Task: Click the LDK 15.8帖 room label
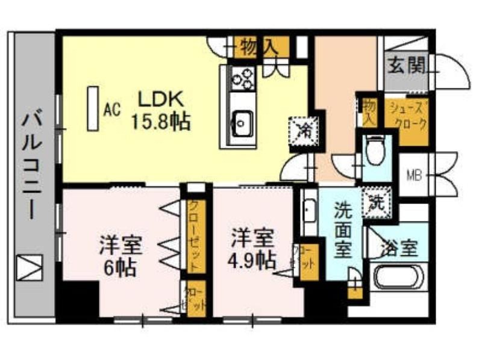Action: [160, 110]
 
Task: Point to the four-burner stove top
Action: [243, 78]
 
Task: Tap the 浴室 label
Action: [398, 247]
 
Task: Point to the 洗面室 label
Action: [343, 231]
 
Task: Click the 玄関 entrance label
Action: [405, 64]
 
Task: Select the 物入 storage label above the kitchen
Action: [256, 45]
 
